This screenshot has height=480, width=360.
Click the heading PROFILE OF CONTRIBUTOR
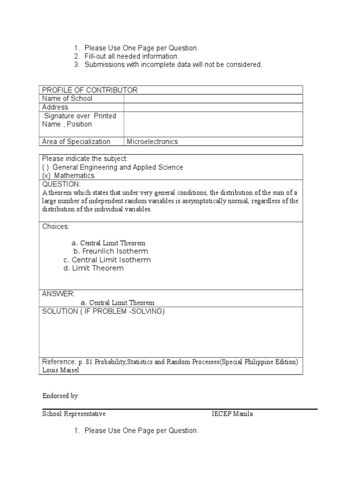coord(90,90)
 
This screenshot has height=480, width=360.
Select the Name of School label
coord(67,98)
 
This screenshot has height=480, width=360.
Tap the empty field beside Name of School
coord(213,98)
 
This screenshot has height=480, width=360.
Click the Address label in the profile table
coord(55,107)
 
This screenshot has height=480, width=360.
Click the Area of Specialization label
coord(76,142)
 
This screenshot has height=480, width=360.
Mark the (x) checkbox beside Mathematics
coord(46,176)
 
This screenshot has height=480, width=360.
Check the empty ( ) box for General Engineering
coord(46,167)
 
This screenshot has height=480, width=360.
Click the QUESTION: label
coord(61,184)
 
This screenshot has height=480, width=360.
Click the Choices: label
coord(56,227)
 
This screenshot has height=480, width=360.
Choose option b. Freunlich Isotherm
coord(111,251)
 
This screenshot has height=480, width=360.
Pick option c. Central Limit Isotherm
coord(107,260)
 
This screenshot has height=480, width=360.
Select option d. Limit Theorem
coord(94,268)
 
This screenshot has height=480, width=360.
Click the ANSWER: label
coord(58,294)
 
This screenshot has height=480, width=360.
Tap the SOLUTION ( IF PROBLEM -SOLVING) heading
coord(104,311)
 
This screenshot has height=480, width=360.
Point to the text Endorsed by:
coord(61,396)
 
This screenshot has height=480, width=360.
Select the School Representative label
coord(74,414)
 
